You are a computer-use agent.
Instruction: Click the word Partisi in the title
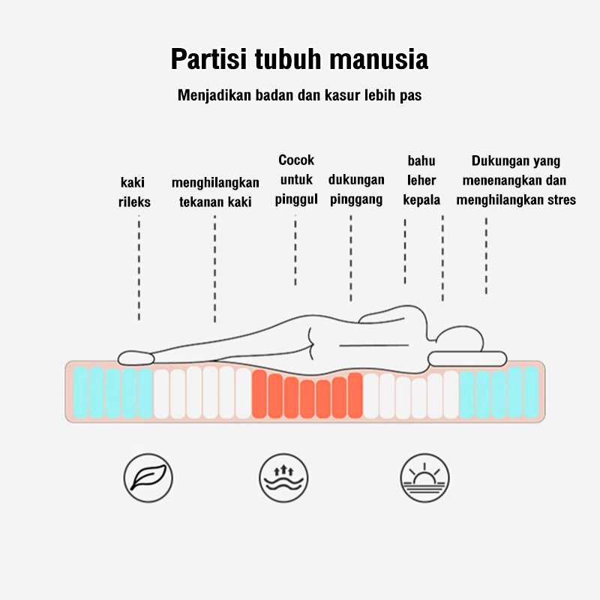pyautogui.click(x=208, y=59)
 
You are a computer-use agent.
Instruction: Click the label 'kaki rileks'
pyautogui.click(x=134, y=192)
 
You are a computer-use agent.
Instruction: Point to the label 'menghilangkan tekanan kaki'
pyautogui.click(x=215, y=192)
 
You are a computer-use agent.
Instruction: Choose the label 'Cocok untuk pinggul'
pyautogui.click(x=296, y=180)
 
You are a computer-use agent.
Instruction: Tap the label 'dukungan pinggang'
pyautogui.click(x=356, y=190)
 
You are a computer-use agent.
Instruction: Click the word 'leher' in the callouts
pyautogui.click(x=421, y=180)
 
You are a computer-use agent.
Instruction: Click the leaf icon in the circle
pyautogui.click(x=148, y=478)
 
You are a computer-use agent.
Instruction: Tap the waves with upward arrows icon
pyautogui.click(x=283, y=478)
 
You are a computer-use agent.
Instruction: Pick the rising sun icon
pyautogui.click(x=424, y=478)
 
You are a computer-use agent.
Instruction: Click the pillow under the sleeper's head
pyautogui.click(x=467, y=359)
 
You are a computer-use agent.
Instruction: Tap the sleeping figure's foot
pyautogui.click(x=136, y=358)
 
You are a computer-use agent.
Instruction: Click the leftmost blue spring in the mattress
pyautogui.click(x=80, y=391)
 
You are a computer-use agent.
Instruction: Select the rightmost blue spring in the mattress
pyautogui.click(x=532, y=391)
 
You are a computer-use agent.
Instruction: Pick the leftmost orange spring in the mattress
pyautogui.click(x=259, y=394)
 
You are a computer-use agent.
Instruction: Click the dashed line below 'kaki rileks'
pyautogui.click(x=139, y=268)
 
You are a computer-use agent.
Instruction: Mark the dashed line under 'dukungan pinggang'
pyautogui.click(x=351, y=258)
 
